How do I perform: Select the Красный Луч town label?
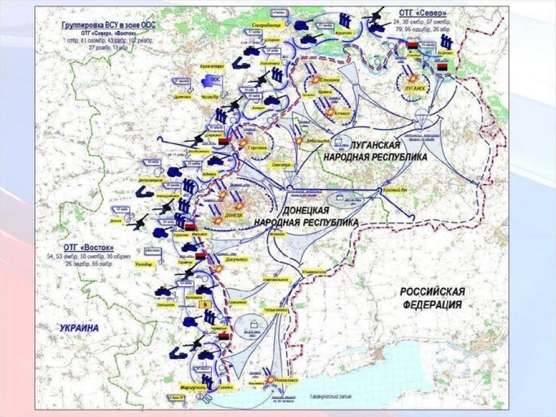pos(394,190)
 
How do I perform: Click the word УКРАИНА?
pos(79,328)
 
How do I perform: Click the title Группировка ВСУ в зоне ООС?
pos(101,24)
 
